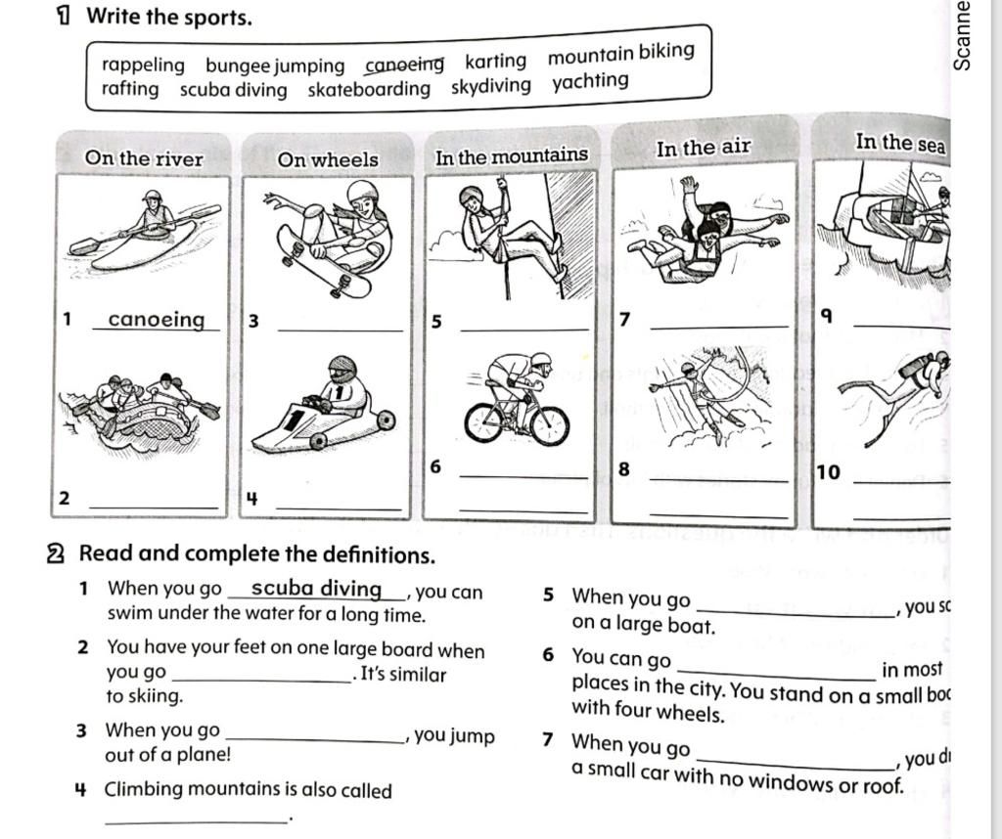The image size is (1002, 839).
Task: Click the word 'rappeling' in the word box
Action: (143, 66)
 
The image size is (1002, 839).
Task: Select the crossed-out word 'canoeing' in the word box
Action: (404, 65)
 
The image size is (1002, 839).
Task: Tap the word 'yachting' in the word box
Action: (590, 81)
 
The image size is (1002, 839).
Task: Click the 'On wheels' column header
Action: (327, 158)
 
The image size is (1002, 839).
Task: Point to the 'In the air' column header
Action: (703, 148)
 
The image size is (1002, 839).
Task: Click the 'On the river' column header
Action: (144, 158)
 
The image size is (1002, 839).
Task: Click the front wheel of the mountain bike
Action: (550, 424)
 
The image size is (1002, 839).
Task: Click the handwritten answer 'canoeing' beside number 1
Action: (157, 320)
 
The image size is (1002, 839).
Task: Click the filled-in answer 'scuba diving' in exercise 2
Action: (316, 588)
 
